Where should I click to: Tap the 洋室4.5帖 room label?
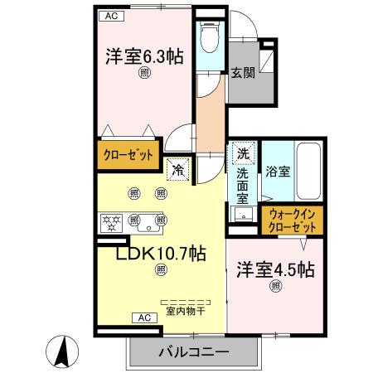click(x=274, y=269)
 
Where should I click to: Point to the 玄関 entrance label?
click(x=242, y=71)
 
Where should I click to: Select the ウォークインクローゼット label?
click(x=293, y=221)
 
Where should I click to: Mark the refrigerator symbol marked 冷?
click(x=178, y=169)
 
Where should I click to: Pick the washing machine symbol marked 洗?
click(x=243, y=153)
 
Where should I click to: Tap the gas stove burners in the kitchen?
click(x=111, y=221)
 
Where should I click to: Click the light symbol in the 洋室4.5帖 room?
click(x=274, y=287)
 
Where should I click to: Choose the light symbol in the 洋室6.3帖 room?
click(x=143, y=74)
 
